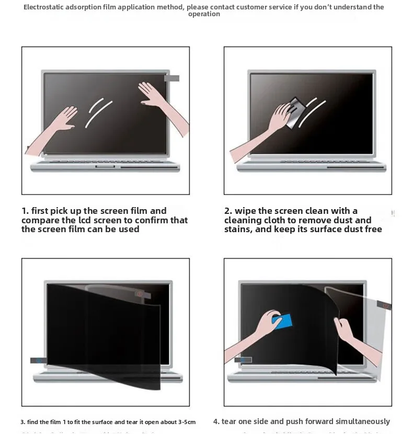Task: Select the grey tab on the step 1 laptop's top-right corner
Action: point(171,78)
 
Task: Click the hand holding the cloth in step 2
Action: point(278,118)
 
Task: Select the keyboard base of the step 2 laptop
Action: point(311,166)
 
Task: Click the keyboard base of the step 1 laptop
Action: point(105,166)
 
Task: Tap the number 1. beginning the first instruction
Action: point(25,211)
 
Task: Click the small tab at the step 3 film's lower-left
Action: point(37,360)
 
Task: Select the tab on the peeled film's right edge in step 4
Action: point(384,304)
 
